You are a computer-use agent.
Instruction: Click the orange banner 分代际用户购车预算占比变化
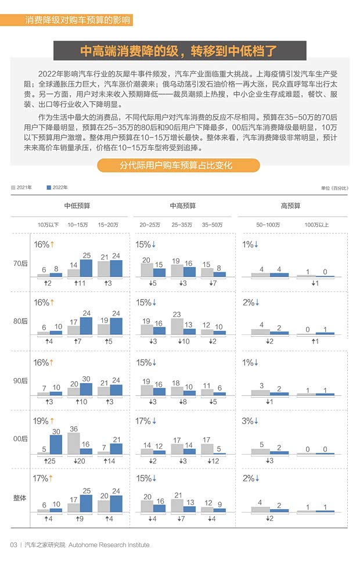[x=178, y=165]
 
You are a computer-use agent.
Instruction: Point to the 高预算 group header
[x=290, y=206]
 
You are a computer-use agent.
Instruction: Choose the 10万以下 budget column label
[x=48, y=224]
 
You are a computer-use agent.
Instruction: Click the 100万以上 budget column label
[x=316, y=224]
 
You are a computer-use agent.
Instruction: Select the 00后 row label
[x=20, y=439]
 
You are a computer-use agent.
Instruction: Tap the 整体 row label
[x=20, y=498]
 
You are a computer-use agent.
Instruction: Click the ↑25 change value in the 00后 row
[x=49, y=461]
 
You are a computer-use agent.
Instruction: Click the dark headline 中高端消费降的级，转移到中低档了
[x=178, y=51]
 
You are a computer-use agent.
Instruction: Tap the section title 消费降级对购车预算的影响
[x=77, y=20]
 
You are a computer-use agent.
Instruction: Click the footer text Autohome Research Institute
[x=109, y=545]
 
